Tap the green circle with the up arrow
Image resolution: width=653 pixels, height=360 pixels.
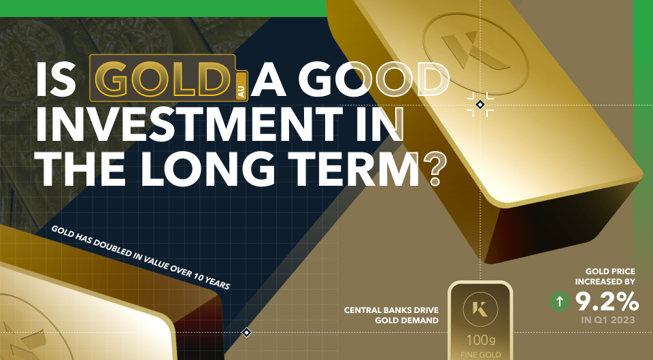click(560, 301)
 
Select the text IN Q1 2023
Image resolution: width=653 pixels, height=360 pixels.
click(609, 318)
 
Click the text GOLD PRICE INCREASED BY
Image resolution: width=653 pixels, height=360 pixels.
click(605, 276)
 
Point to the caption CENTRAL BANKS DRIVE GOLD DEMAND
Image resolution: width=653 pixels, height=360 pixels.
click(391, 314)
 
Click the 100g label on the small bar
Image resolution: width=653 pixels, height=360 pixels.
click(480, 339)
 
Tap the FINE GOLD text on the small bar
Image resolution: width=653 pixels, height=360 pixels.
click(480, 355)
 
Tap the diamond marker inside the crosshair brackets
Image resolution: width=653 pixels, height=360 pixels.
click(480, 104)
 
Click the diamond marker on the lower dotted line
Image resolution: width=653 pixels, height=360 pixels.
click(247, 332)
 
